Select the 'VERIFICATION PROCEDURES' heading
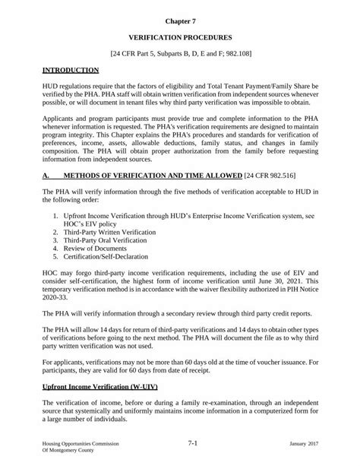[180, 36]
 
